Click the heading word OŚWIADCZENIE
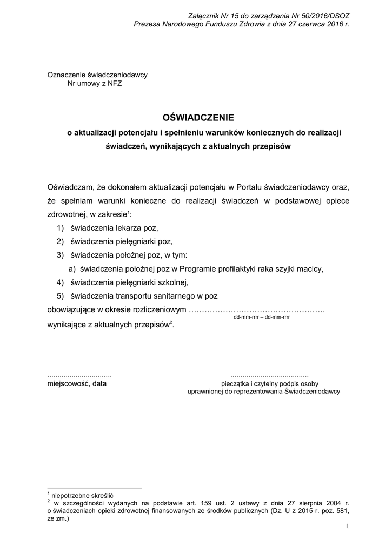click(x=197, y=117)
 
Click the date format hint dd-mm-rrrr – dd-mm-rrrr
click(x=261, y=318)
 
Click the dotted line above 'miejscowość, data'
click(x=79, y=375)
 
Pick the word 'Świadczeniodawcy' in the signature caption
click(x=312, y=391)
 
